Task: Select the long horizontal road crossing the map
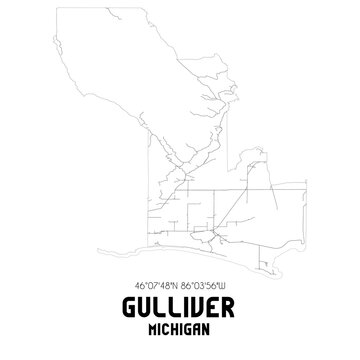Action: click(x=240, y=186)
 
